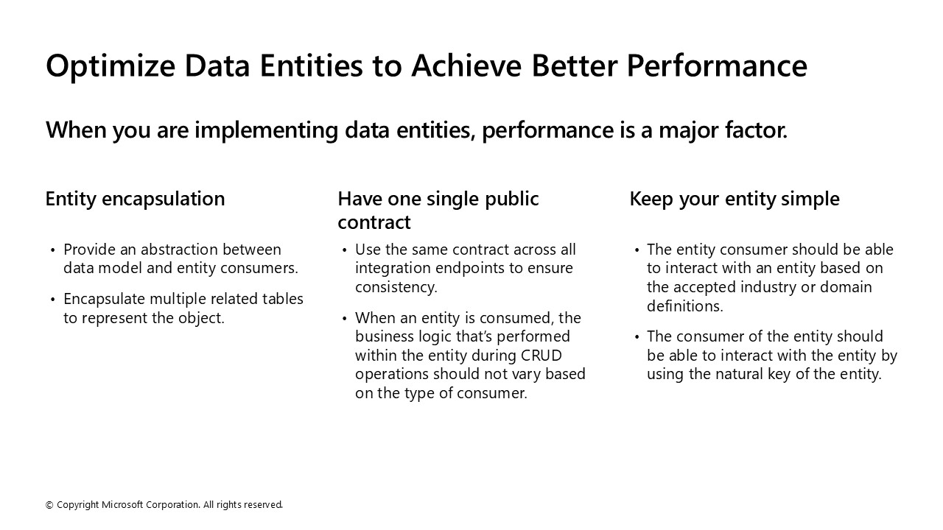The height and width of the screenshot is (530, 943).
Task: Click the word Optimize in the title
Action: (111, 66)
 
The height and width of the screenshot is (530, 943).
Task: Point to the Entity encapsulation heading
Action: (135, 199)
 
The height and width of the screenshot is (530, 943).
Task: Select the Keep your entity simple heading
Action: (734, 199)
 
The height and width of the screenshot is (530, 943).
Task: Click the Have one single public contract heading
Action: (438, 211)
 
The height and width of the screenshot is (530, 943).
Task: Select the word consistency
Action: (395, 287)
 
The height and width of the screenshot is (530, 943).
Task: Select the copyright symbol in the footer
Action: (49, 505)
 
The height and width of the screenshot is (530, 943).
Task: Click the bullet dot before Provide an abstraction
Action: (52, 250)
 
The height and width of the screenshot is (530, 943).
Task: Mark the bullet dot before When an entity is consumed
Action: (344, 319)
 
